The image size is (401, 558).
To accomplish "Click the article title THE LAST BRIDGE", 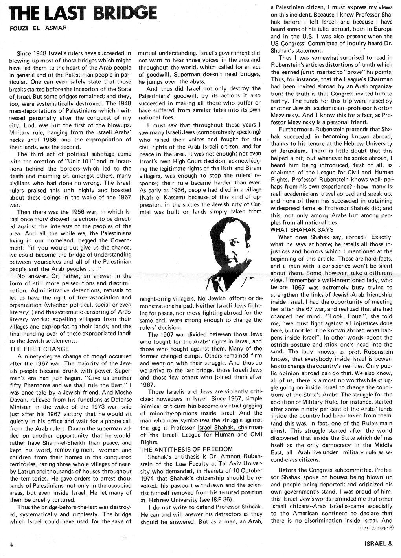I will pyautogui.click(x=84, y=14).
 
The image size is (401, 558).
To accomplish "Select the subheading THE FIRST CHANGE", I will pyautogui.click(x=39, y=349).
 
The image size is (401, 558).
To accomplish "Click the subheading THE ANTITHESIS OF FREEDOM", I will pyautogui.click(x=187, y=449).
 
